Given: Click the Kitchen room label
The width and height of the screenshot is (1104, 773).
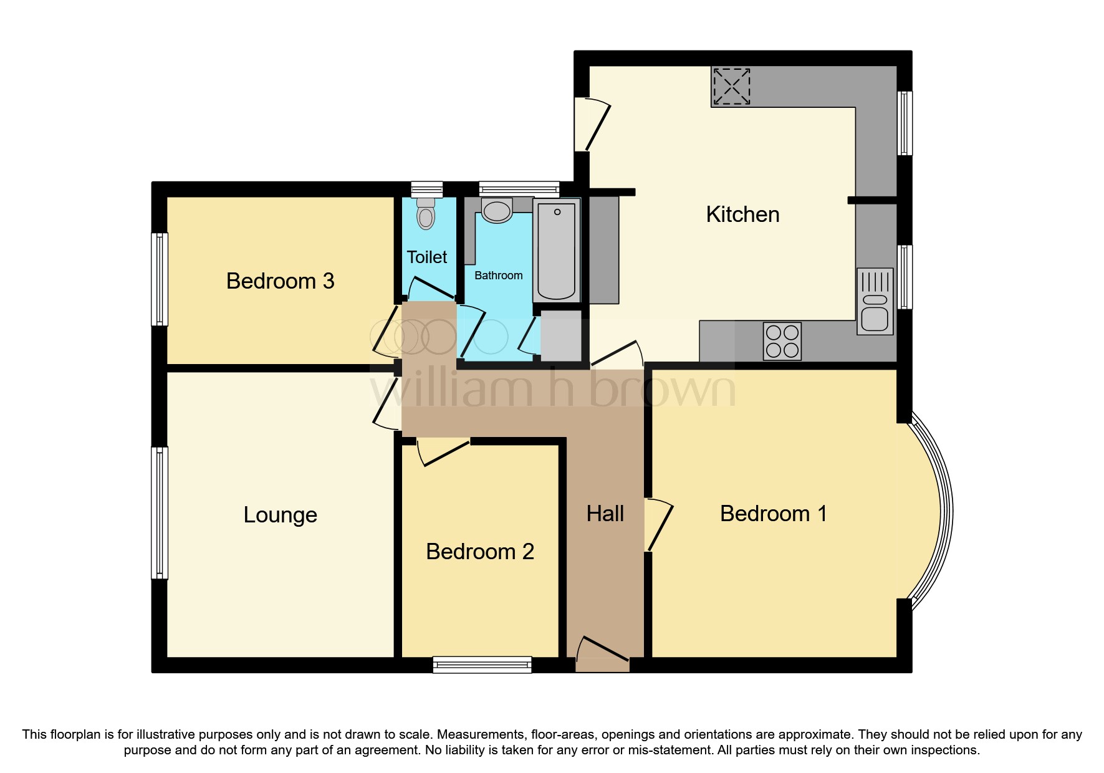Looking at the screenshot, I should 742,214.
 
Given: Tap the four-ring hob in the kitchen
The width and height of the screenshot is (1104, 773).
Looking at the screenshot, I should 782,341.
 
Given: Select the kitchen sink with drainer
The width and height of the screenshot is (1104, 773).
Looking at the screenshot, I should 875,302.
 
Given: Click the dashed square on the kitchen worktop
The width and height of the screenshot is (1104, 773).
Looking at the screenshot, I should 731,86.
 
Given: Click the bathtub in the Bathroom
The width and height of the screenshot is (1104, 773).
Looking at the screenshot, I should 556,249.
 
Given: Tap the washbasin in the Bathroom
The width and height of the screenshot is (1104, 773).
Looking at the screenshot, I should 497,211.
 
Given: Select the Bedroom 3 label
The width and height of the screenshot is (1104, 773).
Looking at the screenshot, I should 280,281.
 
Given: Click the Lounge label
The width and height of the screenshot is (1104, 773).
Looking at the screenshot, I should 280,515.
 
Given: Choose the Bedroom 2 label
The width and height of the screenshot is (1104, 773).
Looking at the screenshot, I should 479,552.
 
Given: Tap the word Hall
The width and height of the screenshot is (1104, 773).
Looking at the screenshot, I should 605,514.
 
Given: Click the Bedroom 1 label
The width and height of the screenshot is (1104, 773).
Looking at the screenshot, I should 773,514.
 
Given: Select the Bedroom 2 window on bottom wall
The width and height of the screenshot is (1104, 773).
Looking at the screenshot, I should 482,665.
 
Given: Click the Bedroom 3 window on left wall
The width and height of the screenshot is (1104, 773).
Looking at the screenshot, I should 160,279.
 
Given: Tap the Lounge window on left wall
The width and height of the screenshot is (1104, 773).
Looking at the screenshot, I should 160,512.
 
